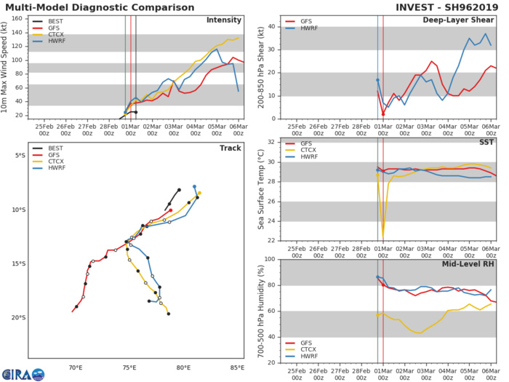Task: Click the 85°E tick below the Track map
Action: click(237, 367)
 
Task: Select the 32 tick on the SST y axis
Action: click(271, 141)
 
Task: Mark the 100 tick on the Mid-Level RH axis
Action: click(269, 259)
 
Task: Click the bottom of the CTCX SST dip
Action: click(382, 236)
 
